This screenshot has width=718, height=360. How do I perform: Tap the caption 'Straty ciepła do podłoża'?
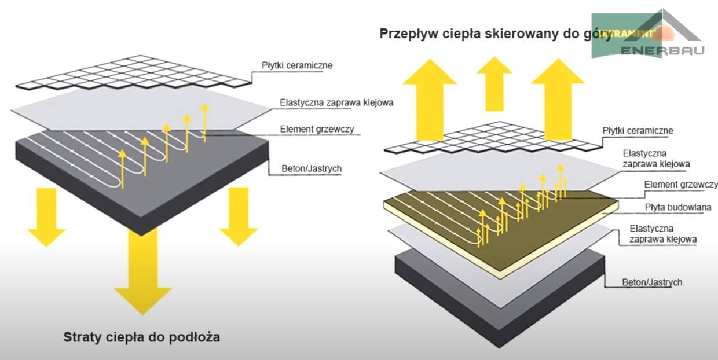tap(141, 336)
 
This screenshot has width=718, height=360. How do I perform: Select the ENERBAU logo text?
tap(662, 50)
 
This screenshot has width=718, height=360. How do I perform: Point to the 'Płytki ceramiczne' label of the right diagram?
tap(638, 131)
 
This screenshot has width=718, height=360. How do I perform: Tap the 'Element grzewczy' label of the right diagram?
tap(680, 185)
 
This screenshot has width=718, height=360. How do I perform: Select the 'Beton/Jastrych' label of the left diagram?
tap(313, 169)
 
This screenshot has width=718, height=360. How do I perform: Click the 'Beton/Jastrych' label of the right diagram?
tap(652, 282)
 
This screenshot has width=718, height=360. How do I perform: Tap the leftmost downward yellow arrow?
tap(47, 217)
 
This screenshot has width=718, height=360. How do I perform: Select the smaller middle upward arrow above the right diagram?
tap(494, 81)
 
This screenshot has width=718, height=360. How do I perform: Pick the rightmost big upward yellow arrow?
tap(557, 95)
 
